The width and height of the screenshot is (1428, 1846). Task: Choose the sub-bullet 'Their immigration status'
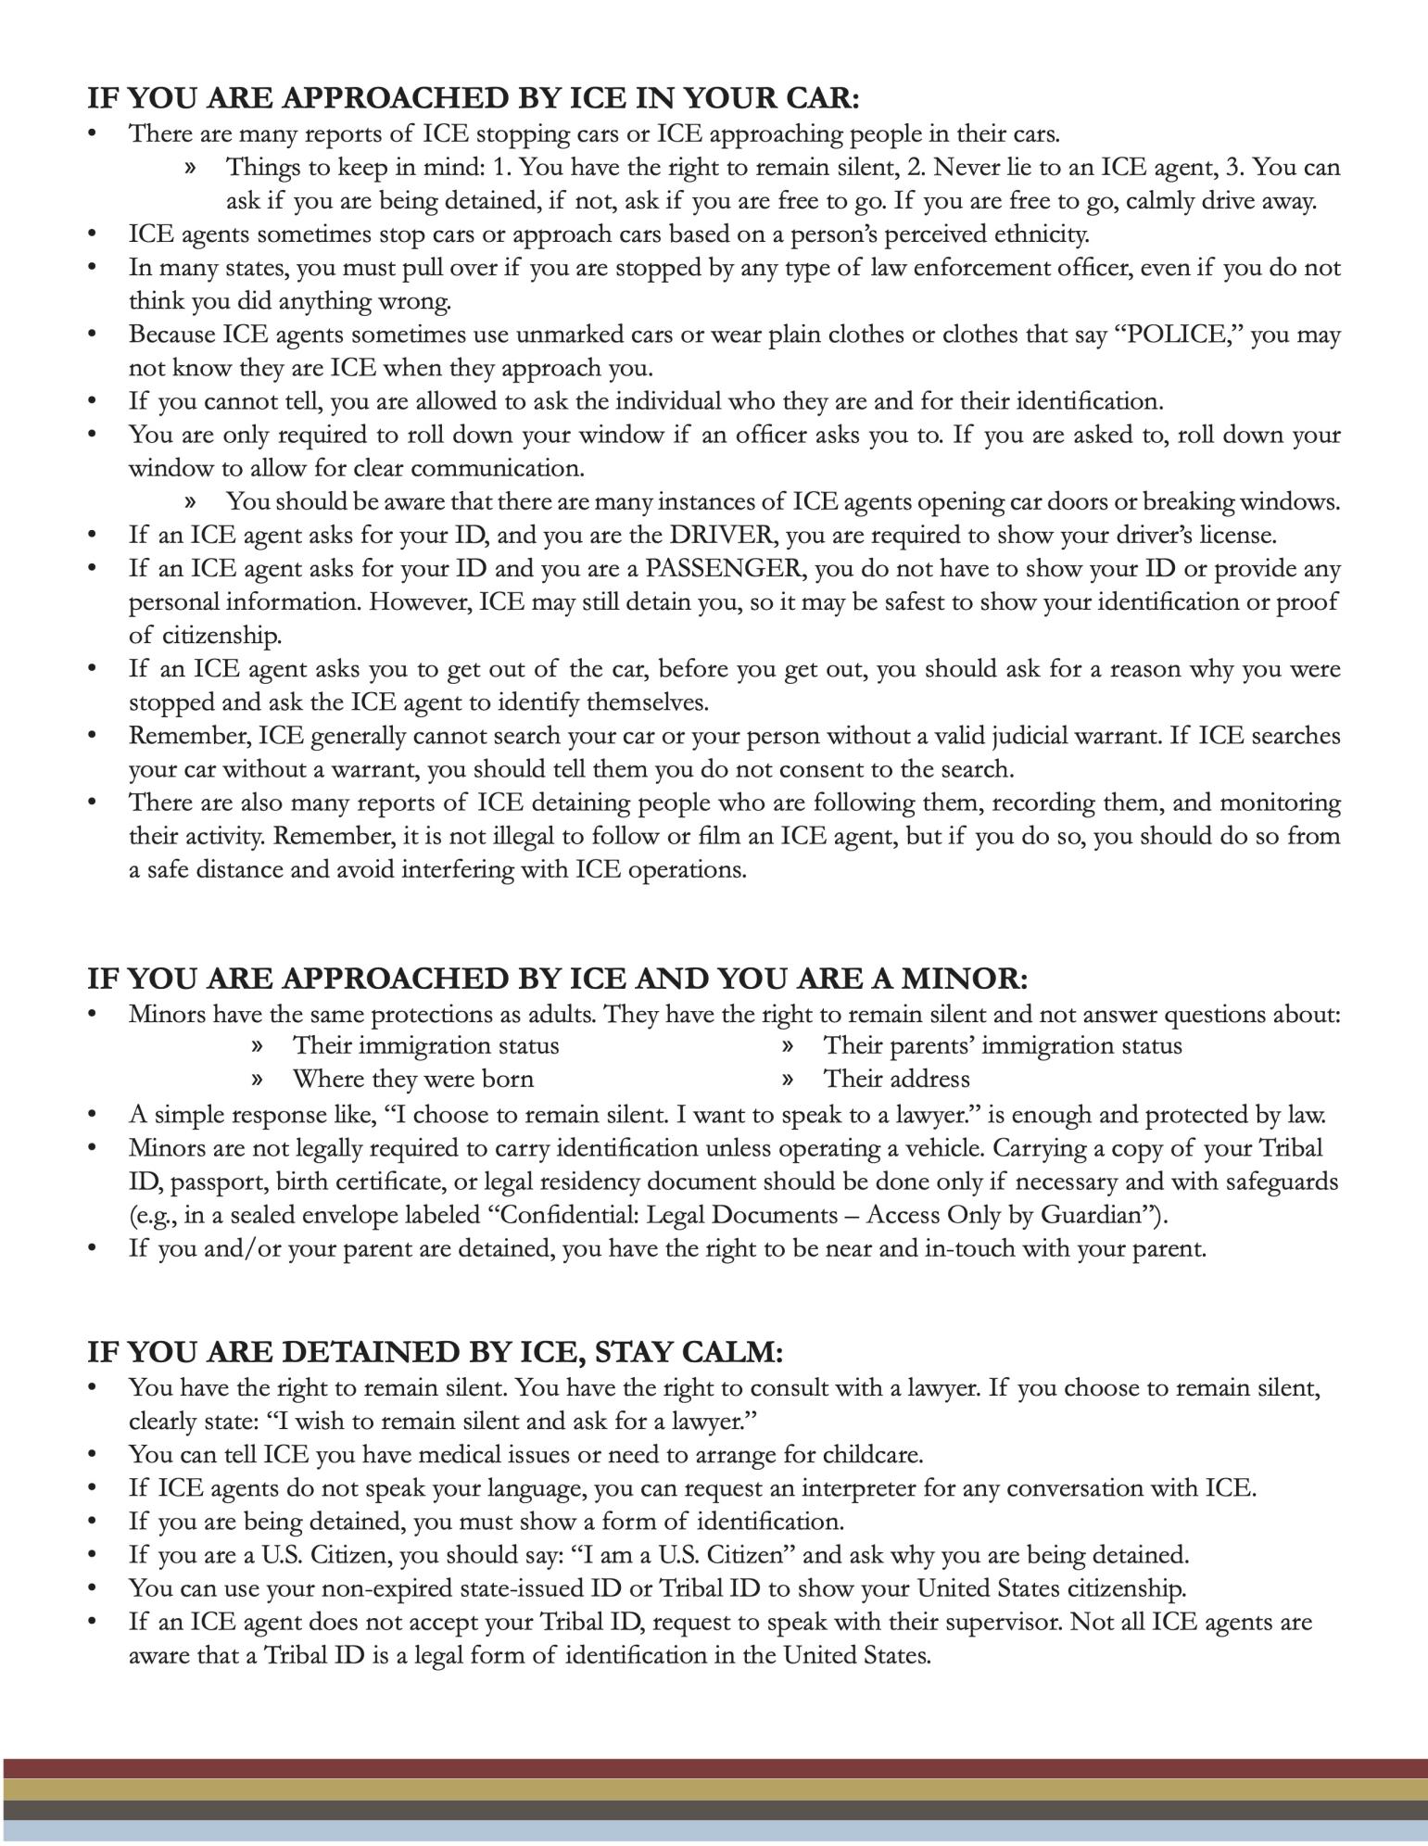425,1046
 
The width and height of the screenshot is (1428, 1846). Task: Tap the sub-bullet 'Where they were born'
413,1080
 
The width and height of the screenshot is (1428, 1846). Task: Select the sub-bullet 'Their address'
896,1080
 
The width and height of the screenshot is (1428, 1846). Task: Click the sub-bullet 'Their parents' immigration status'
1003,1046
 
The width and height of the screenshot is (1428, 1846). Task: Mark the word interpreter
857,1489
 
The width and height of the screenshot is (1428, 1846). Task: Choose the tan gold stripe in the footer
714,1789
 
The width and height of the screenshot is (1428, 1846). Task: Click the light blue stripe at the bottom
714,1831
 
